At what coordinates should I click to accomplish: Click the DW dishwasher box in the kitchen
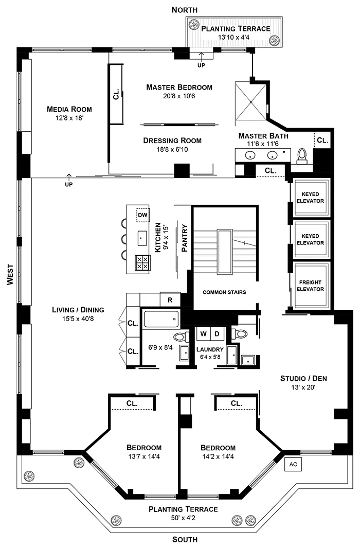(x=142, y=215)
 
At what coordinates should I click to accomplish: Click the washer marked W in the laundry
(x=204, y=333)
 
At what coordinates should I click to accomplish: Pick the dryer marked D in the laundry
(x=217, y=333)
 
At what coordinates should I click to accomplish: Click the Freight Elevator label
(x=310, y=286)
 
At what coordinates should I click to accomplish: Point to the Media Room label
(x=69, y=109)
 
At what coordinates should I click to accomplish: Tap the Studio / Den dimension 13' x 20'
(x=303, y=388)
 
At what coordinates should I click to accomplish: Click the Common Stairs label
(x=224, y=292)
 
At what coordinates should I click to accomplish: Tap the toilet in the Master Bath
(x=302, y=155)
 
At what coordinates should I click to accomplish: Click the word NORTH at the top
(x=184, y=10)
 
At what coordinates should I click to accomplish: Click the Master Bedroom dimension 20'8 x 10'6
(x=179, y=96)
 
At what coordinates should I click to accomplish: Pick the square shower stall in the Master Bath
(x=251, y=101)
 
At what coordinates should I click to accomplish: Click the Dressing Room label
(x=172, y=140)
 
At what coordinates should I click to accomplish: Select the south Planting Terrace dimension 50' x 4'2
(x=183, y=518)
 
